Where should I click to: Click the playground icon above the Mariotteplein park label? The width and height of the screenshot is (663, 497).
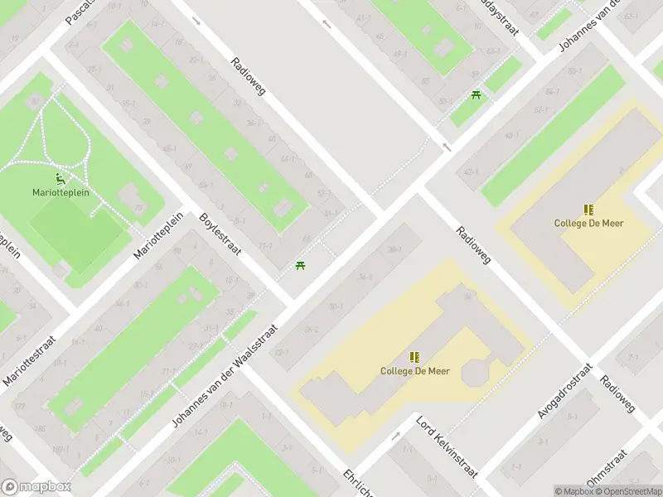(60, 177)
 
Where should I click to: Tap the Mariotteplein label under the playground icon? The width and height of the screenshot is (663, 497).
(60, 192)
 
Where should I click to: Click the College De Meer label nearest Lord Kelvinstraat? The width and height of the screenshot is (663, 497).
(415, 371)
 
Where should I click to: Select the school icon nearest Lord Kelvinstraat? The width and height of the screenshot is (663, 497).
(415, 357)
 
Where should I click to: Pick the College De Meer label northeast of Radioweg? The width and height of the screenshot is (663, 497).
(589, 223)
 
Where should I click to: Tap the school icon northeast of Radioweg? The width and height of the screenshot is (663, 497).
(589, 210)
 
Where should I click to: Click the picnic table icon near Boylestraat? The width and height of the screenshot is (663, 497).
(299, 266)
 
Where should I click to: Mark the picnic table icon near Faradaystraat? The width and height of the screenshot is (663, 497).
(476, 95)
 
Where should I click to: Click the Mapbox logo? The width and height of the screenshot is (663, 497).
(36, 487)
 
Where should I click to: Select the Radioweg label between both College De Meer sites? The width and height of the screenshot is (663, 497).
(474, 246)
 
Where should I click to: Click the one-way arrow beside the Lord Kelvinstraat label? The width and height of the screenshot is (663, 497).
(396, 437)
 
